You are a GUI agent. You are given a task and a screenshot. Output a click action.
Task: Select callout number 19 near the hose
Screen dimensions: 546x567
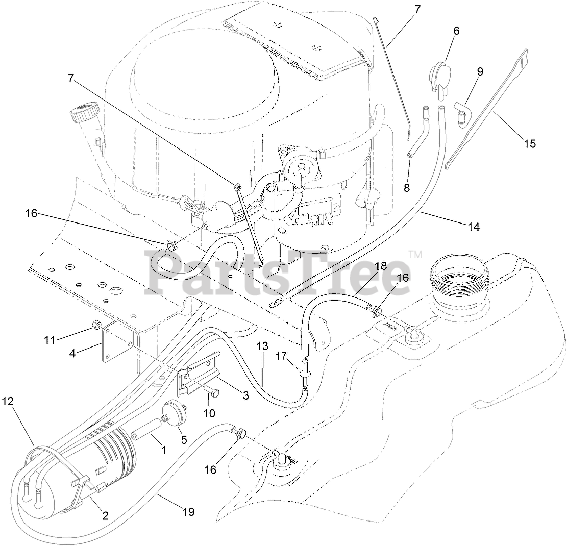coord(188,512)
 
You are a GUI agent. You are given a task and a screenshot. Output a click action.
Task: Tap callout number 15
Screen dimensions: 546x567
coord(529,143)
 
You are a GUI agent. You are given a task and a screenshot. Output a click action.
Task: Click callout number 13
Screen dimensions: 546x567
coord(262,346)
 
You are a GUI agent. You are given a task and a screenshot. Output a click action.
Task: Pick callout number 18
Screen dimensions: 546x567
coord(380,266)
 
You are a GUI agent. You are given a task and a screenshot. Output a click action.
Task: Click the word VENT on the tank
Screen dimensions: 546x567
coord(389,325)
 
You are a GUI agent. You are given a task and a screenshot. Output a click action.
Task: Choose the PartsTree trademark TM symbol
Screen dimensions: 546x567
coord(416,254)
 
